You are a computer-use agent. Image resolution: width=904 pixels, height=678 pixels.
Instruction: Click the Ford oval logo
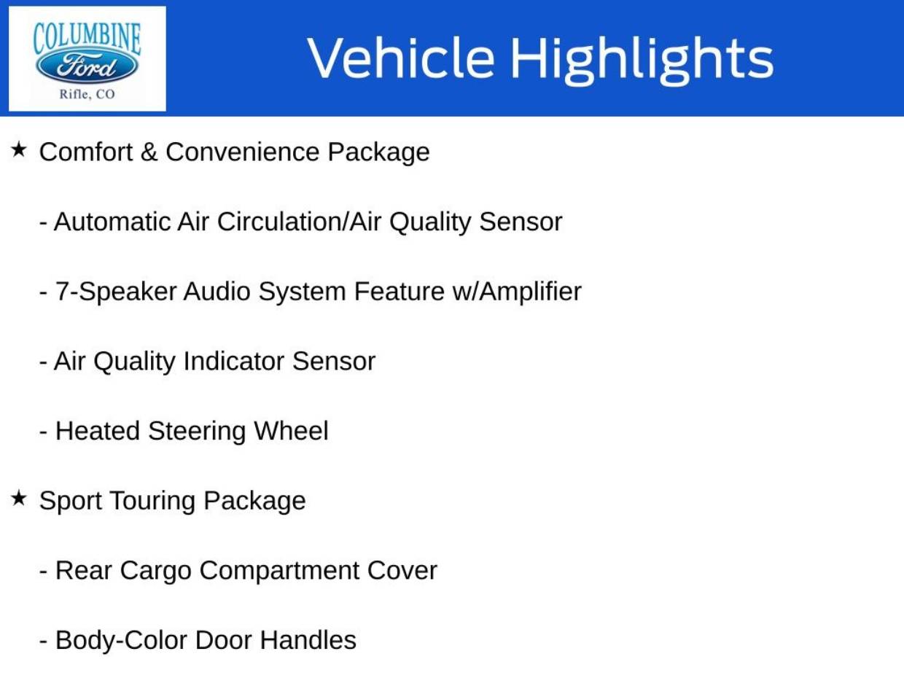click(87, 66)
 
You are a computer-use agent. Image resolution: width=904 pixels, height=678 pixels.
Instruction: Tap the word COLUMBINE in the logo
click(87, 39)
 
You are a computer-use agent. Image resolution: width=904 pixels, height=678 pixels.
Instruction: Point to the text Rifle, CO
click(87, 94)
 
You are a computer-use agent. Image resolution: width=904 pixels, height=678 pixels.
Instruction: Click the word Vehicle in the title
click(401, 58)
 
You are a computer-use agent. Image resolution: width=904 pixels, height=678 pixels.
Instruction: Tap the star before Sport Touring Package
click(18, 498)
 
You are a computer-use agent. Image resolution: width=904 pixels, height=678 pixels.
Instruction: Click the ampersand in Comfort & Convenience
click(149, 152)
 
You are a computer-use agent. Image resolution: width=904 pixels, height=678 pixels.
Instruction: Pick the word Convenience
click(243, 152)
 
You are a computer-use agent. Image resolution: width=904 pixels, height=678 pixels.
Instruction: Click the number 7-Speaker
click(116, 292)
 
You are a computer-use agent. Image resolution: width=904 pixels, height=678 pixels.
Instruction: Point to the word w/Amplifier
click(517, 292)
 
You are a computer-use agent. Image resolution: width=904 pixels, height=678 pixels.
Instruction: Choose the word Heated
click(98, 431)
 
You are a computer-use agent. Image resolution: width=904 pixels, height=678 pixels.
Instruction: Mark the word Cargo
click(156, 572)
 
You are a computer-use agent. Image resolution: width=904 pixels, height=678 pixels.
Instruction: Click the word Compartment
click(279, 572)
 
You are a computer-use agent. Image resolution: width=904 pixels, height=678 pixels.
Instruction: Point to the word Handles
click(308, 640)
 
